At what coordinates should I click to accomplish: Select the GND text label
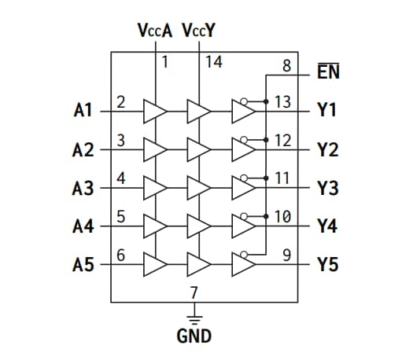[x=194, y=336]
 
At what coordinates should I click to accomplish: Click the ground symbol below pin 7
[x=194, y=318]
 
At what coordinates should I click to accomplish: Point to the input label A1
[x=83, y=111]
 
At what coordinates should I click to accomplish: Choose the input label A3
[x=83, y=188]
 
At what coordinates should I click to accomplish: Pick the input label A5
[x=83, y=265]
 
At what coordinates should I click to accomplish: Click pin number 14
[x=214, y=62]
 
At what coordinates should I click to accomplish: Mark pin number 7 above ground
[x=194, y=292]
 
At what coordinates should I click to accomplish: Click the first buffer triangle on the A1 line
[x=155, y=112]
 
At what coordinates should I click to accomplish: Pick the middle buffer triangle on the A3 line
[x=198, y=189]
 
